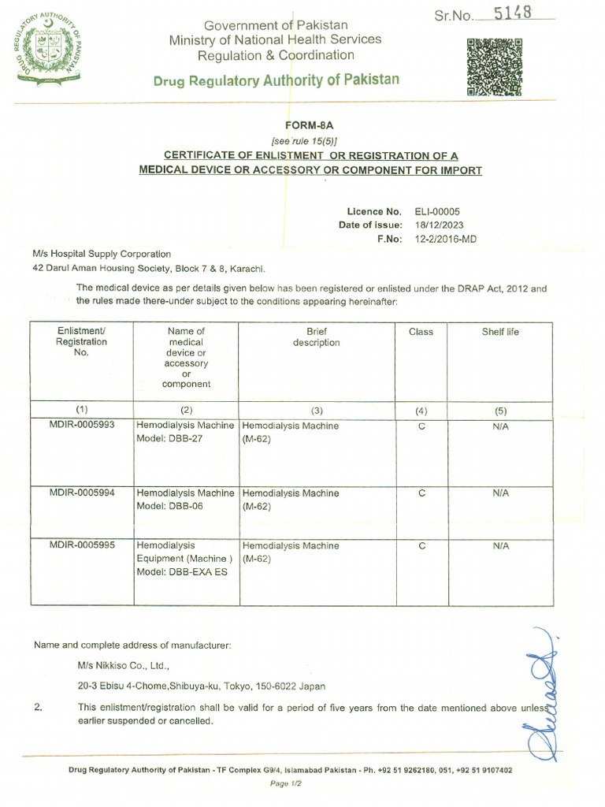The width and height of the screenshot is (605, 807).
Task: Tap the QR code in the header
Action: [494, 67]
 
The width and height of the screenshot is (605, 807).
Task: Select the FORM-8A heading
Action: [304, 125]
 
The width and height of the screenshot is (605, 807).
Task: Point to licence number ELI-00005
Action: [436, 211]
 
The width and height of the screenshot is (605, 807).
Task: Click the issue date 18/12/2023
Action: [439, 225]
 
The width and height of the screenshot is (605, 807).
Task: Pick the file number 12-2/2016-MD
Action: [445, 239]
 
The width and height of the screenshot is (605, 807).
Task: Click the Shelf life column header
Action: [500, 332]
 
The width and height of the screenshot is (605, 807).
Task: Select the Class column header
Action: [421, 332]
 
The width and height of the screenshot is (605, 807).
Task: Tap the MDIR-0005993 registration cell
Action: [82, 426]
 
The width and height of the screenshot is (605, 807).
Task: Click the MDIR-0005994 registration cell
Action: [82, 493]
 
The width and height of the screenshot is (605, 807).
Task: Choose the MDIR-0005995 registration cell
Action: [82, 545]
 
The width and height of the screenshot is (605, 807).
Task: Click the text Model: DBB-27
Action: [169, 439]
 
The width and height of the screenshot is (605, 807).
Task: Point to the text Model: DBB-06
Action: [169, 507]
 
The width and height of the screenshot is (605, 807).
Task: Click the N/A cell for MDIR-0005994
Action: [500, 493]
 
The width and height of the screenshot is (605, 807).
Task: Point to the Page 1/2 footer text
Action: [286, 783]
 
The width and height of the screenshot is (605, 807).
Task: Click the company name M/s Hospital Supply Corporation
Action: [102, 254]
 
